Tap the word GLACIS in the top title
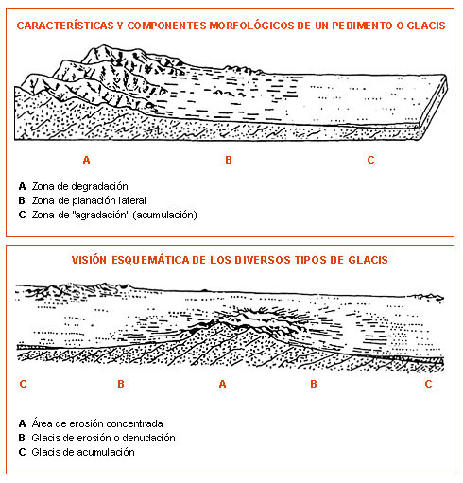point(426,26)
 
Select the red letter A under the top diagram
point(86,160)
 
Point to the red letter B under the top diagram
point(229,160)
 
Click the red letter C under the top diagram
point(370,160)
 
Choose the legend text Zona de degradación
point(80,186)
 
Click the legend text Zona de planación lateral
point(89,200)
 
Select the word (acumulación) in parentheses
point(165,215)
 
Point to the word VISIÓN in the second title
point(89,260)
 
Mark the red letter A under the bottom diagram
point(222,384)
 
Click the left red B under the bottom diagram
point(121,384)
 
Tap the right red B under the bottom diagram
point(314,384)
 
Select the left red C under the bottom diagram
point(23,384)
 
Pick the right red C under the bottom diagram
point(428,384)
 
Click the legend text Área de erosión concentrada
point(97,423)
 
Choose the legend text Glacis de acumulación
point(83,452)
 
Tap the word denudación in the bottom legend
point(148,438)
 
